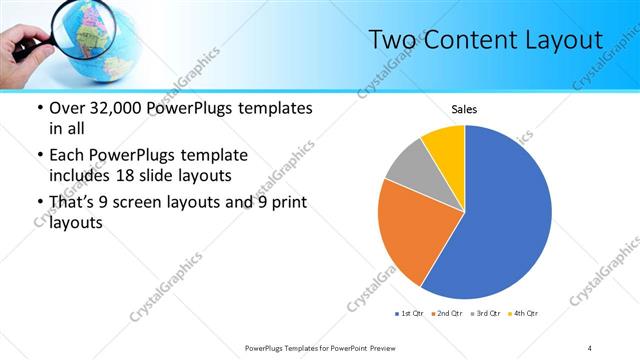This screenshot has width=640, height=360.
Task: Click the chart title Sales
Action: (464, 109)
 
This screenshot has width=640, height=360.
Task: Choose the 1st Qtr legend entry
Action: (410, 314)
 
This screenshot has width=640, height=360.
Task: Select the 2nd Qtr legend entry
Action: (447, 314)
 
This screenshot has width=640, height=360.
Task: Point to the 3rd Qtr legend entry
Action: (485, 314)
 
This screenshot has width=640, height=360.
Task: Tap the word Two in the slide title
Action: (391, 40)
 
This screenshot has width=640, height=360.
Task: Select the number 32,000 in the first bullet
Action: (122, 108)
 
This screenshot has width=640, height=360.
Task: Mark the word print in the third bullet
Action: (286, 203)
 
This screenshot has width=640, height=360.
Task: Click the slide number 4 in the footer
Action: (590, 347)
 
